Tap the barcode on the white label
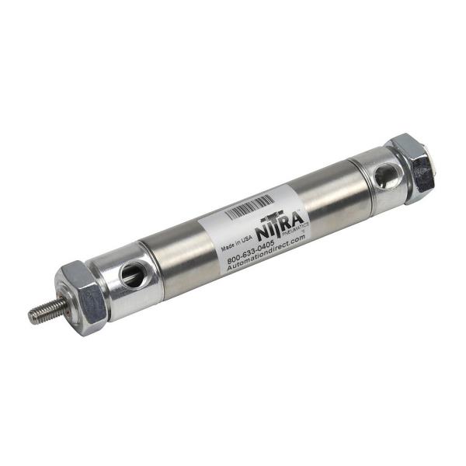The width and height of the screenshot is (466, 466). (249, 207)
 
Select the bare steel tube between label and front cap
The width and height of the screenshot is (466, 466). (183, 249)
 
